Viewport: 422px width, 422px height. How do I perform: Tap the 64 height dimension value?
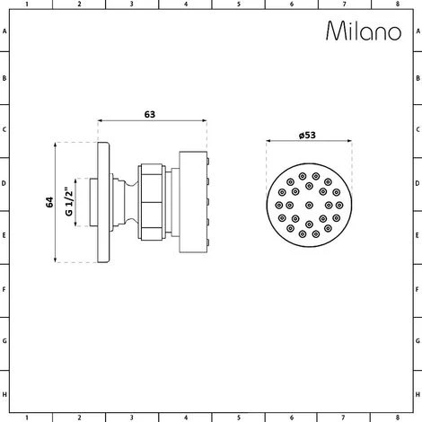click(48, 202)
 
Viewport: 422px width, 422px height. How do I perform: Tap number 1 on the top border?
click(26, 4)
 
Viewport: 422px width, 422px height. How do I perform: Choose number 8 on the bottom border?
click(397, 418)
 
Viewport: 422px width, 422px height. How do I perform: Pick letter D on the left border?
click(5, 185)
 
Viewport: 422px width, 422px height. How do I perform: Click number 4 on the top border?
click(185, 4)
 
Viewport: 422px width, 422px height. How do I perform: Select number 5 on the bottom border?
click(238, 418)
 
